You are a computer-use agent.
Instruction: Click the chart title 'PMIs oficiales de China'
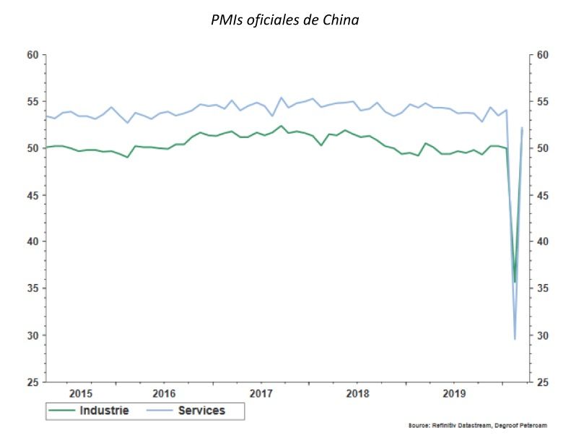tap(284, 20)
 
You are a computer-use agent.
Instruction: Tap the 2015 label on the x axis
tap(80, 394)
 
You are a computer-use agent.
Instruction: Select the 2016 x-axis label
tap(165, 394)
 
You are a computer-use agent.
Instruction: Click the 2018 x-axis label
tap(357, 394)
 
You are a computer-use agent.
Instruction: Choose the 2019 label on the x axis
tap(453, 394)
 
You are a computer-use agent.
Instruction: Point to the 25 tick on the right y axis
tap(544, 382)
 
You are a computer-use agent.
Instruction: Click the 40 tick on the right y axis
tap(544, 242)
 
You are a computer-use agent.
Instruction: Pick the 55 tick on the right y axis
tap(544, 102)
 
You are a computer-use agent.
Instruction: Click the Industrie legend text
tap(104, 411)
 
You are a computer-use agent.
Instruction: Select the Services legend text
tap(201, 411)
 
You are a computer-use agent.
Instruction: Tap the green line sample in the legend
tap(63, 411)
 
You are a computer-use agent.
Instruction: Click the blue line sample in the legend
tap(161, 411)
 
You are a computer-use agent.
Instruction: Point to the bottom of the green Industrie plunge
tap(515, 282)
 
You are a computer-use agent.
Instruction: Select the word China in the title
tap(341, 20)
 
